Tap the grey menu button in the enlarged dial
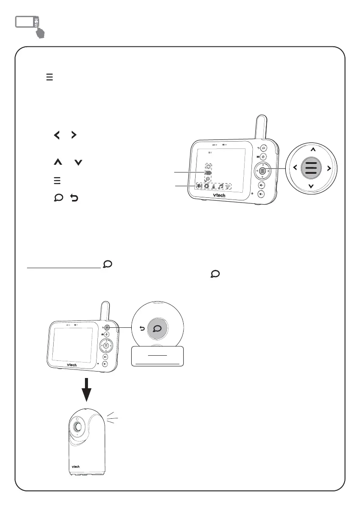click(311, 168)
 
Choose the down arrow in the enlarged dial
click(311, 186)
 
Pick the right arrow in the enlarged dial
click(329, 168)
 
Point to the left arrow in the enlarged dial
click(294, 168)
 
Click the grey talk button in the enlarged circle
click(157, 329)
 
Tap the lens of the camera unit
click(78, 427)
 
